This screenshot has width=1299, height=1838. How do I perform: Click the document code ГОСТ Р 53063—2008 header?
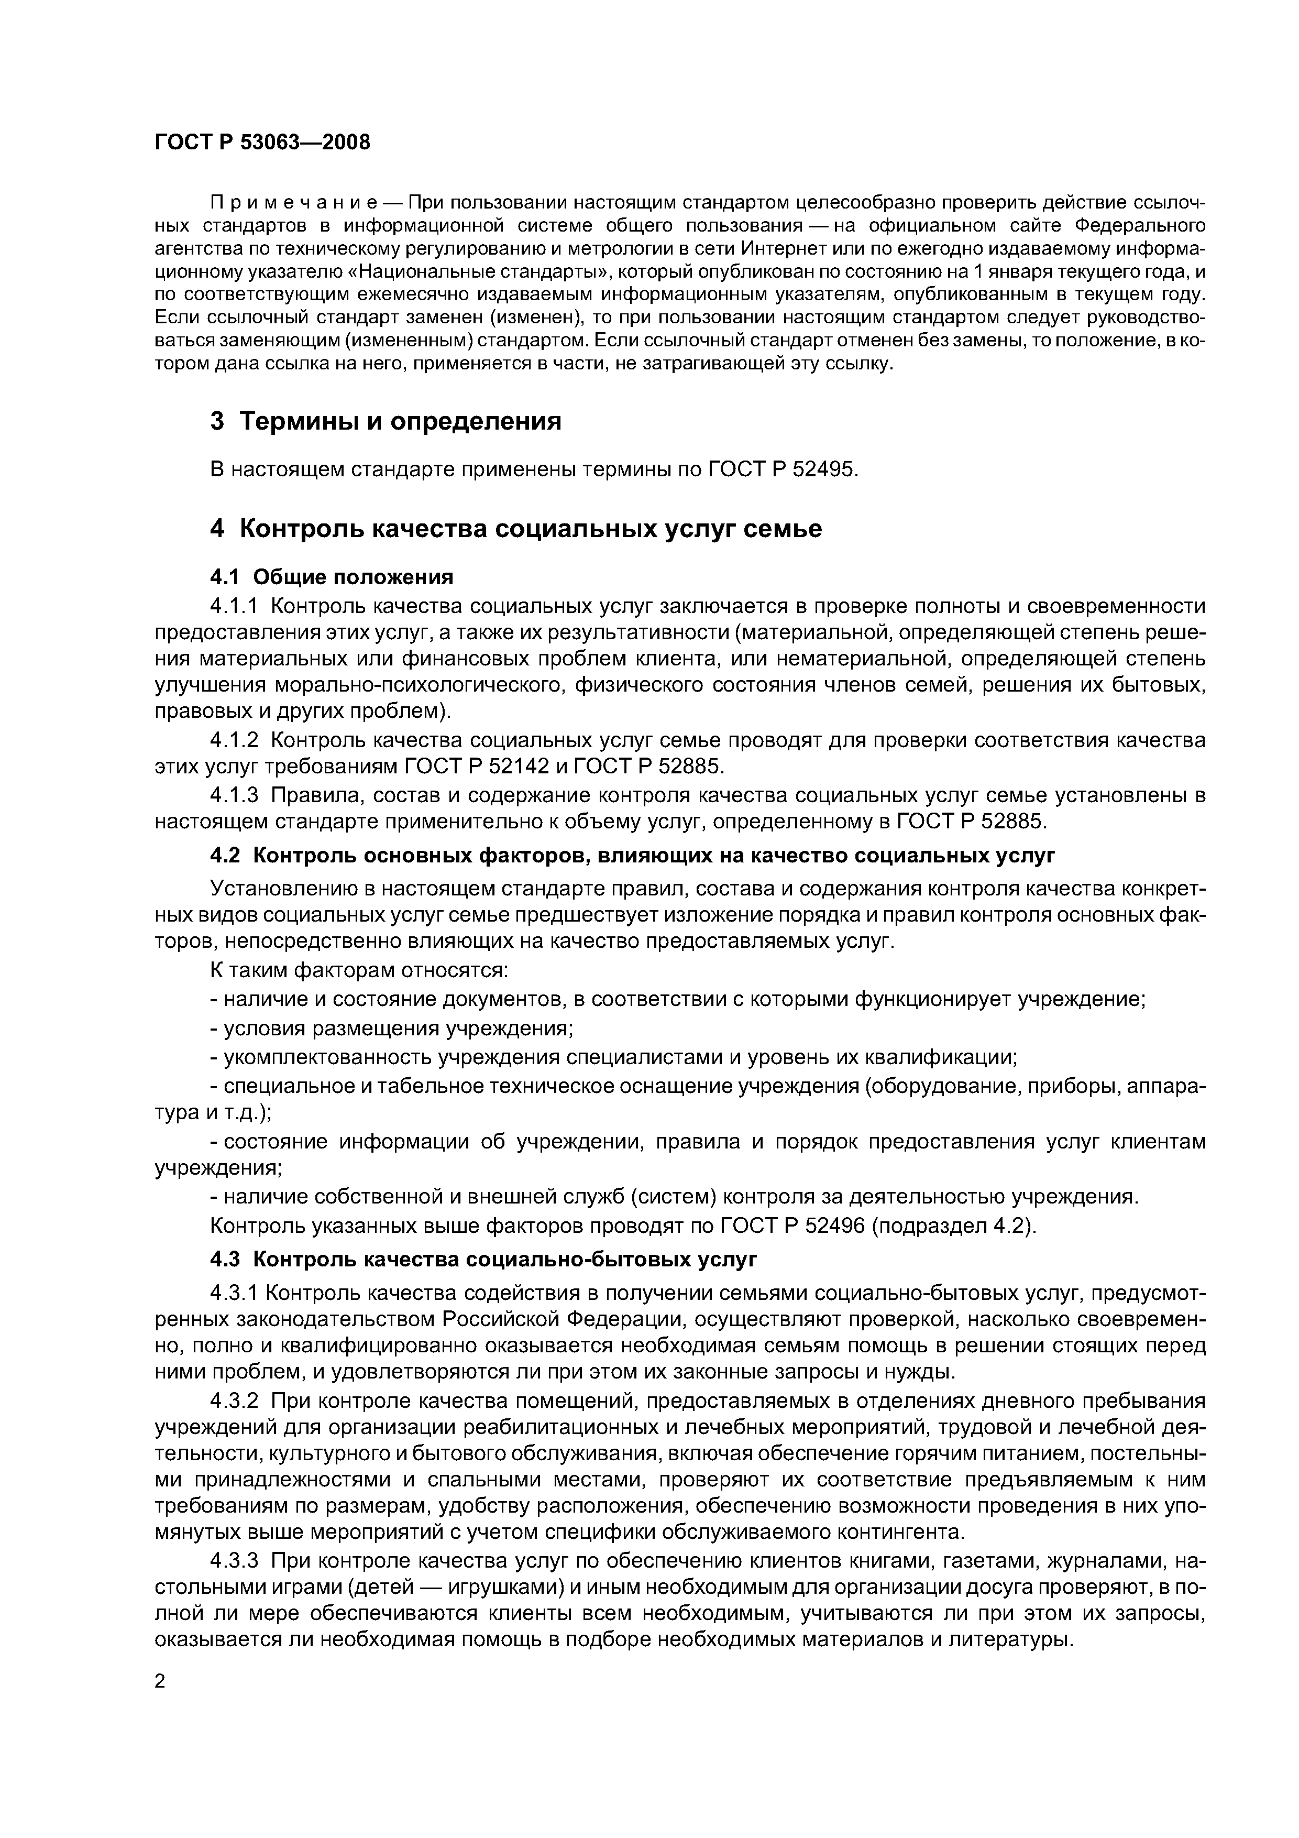(x=262, y=143)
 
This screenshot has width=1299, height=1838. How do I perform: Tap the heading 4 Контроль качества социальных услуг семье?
(x=515, y=529)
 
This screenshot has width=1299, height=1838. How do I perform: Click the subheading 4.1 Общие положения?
(x=332, y=577)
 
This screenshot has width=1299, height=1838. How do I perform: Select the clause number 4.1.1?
(x=236, y=606)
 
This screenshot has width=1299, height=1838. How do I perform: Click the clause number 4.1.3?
(x=236, y=796)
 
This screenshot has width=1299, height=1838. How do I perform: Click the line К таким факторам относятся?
(x=359, y=971)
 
